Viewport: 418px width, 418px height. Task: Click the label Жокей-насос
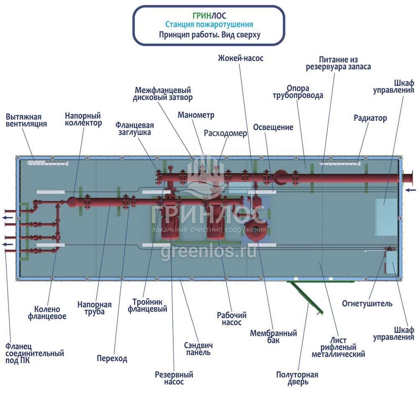241,59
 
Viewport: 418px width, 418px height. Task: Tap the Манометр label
196,115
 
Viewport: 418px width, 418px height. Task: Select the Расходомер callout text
226,133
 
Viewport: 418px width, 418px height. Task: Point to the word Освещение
273,127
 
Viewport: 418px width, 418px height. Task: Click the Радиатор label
370,118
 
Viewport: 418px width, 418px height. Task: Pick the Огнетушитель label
367,303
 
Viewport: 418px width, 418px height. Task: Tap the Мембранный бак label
273,337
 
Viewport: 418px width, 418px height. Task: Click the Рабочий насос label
231,319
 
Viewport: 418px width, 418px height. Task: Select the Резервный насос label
174,378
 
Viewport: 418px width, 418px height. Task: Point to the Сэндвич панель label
198,349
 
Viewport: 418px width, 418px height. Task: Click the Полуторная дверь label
297,378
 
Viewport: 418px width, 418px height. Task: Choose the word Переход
112,359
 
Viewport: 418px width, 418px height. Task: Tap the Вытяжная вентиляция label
26,120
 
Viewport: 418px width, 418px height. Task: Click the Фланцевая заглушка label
135,129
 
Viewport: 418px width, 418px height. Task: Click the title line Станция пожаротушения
209,25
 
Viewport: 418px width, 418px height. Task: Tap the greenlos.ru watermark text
209,252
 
